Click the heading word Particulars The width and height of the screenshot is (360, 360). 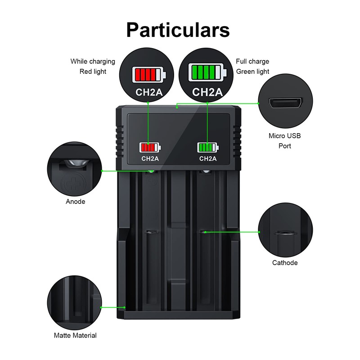[178, 30]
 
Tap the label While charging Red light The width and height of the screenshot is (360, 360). [93, 66]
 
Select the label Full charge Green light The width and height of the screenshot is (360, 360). [252, 66]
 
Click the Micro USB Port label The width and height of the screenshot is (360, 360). [284, 140]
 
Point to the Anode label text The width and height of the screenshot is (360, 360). [76, 202]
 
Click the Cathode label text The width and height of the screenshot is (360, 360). [285, 262]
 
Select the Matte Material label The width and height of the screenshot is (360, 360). [75, 335]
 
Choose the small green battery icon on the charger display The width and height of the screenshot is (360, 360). [207, 147]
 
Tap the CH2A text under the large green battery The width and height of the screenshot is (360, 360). [208, 92]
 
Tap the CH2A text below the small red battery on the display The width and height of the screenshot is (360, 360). [150, 158]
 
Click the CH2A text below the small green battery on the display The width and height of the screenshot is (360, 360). [208, 158]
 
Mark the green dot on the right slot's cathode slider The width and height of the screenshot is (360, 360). [205, 232]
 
